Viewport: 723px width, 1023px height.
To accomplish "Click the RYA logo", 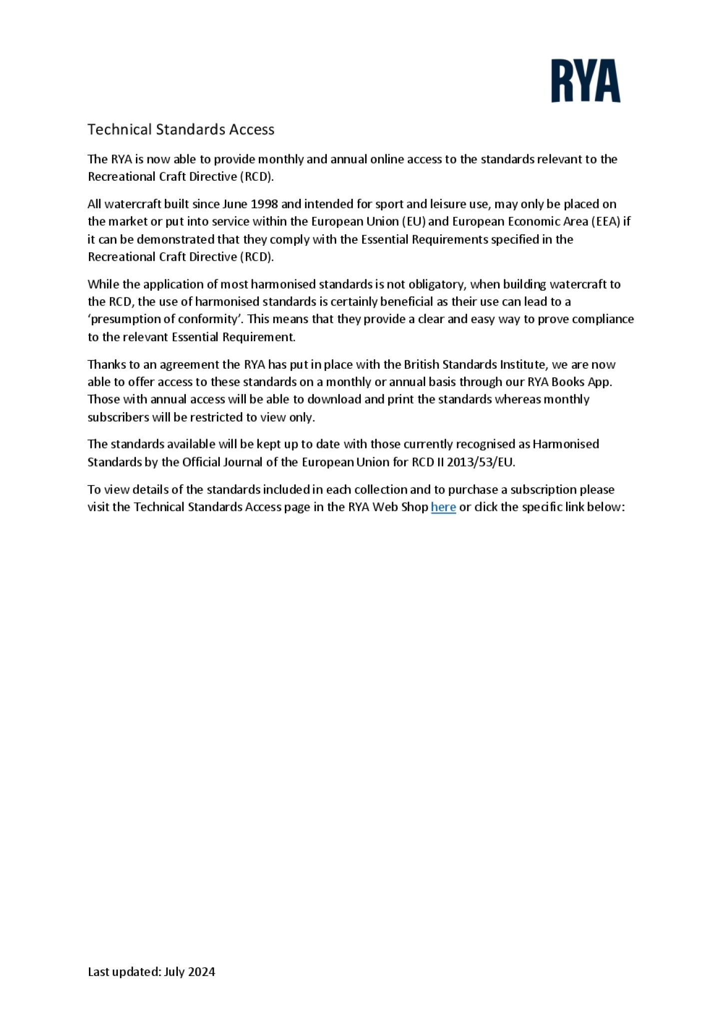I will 586,80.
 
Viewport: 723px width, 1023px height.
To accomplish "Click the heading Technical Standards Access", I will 181,129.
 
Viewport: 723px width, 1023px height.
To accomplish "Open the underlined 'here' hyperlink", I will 443,507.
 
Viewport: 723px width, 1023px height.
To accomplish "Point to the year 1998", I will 264,204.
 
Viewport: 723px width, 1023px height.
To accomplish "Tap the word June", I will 235,204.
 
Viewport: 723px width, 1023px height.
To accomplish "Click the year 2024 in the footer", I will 201,972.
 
